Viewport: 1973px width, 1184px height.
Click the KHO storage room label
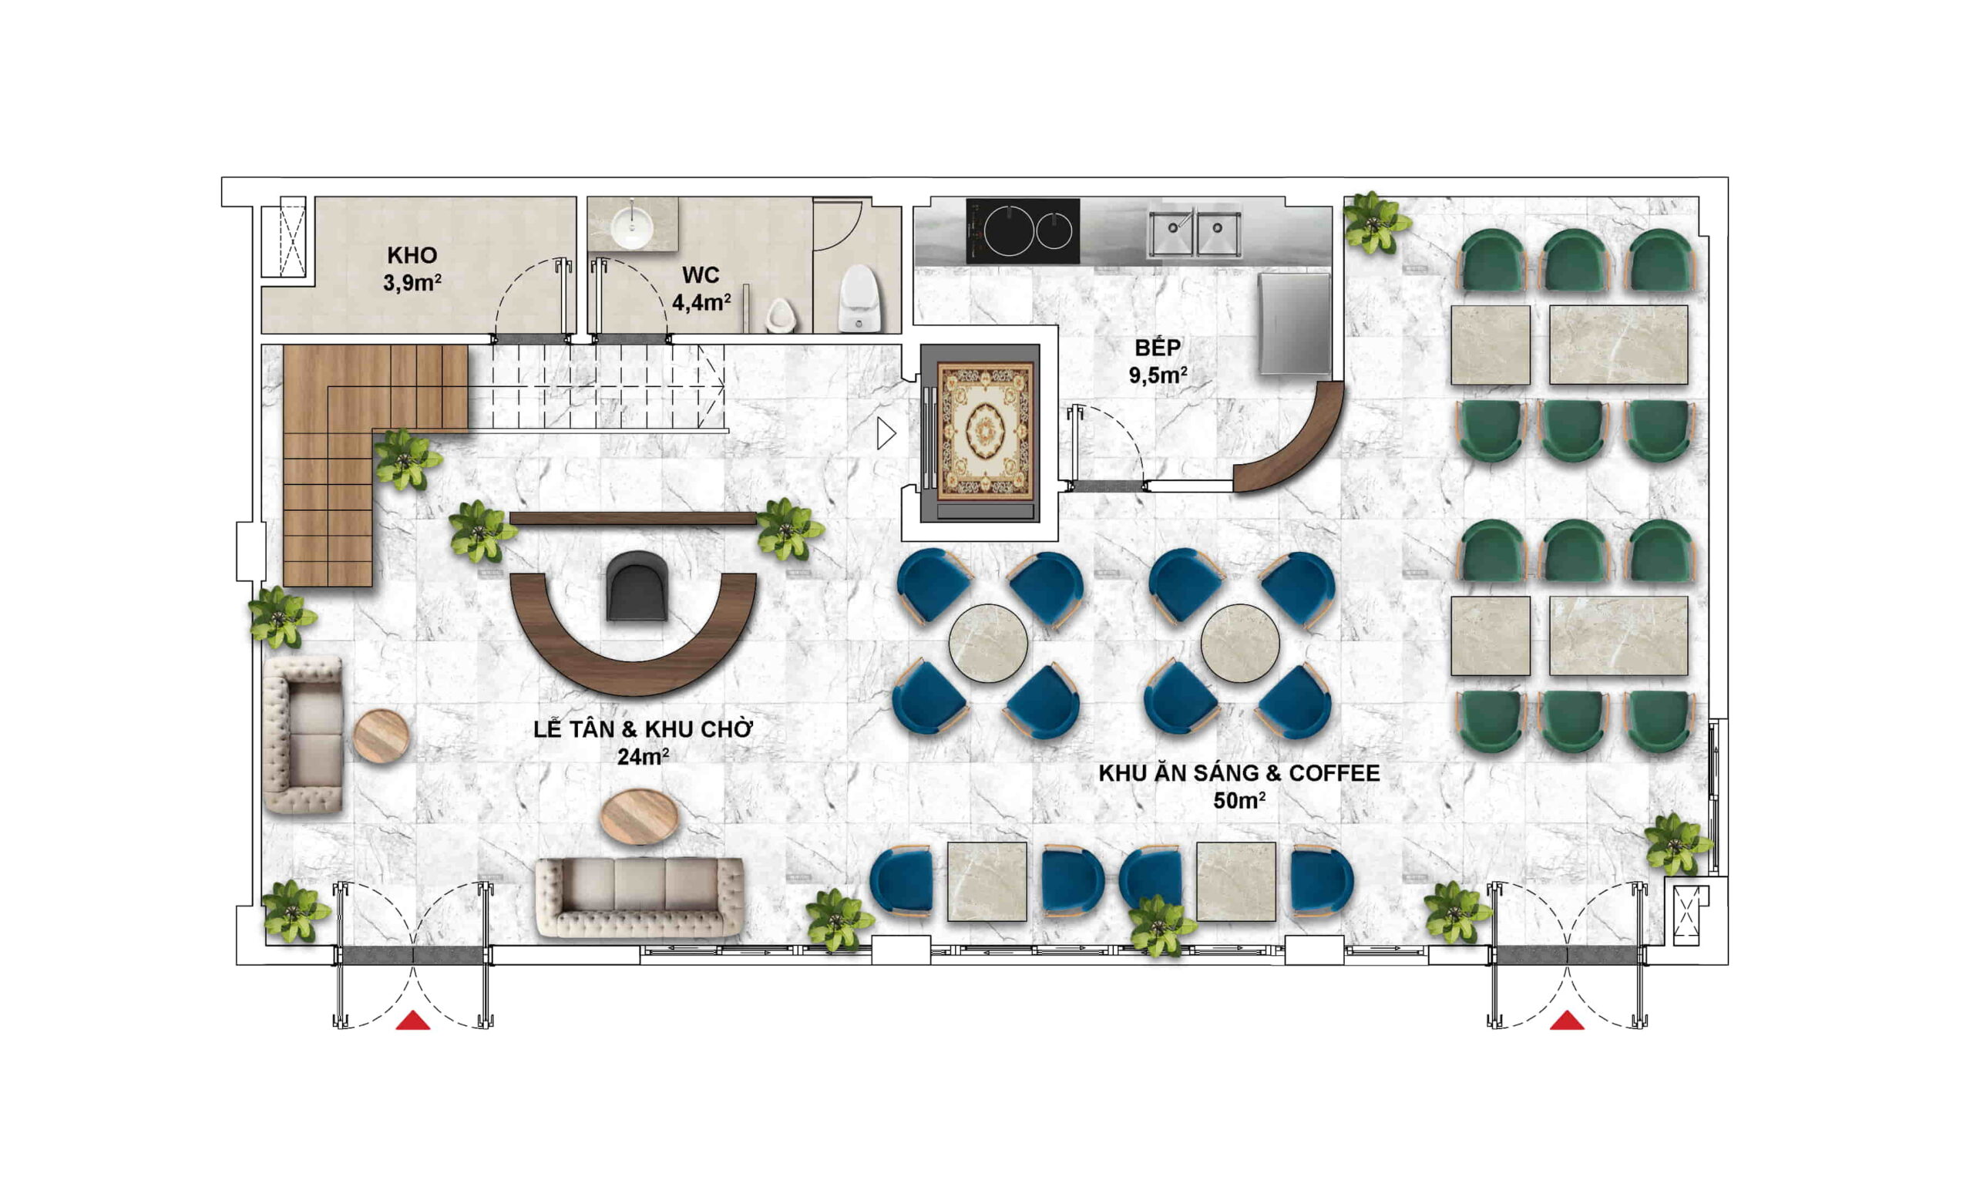pos(412,255)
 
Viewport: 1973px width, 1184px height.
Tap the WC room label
pos(701,275)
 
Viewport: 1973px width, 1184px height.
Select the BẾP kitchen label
pos(1157,347)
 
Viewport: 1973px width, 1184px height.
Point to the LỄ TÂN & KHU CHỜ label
pos(643,729)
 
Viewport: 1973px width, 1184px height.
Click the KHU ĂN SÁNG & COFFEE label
pos(1239,773)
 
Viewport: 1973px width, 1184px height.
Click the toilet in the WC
pos(859,298)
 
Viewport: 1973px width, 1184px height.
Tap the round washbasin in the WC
pos(632,224)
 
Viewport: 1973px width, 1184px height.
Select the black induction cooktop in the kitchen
pos(1023,230)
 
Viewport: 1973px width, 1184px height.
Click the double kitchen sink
pos(1194,232)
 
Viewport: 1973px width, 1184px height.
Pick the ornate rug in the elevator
pos(986,431)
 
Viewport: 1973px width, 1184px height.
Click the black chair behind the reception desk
pos(636,586)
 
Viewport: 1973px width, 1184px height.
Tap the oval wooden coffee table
pos(639,816)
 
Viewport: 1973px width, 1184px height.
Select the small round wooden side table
pos(381,735)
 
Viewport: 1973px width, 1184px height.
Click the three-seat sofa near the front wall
pos(640,897)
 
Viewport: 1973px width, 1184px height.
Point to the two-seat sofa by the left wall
pos(304,735)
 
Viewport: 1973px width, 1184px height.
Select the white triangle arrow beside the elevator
pos(886,433)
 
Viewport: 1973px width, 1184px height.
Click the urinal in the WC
pos(779,316)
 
